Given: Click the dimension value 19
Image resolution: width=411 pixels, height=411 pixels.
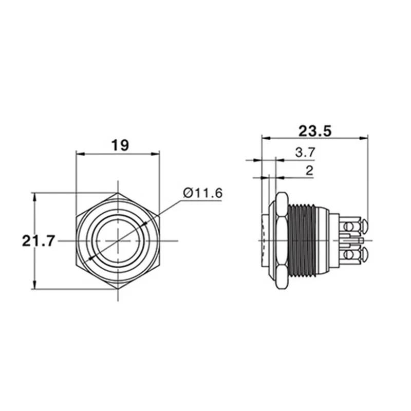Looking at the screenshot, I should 120,145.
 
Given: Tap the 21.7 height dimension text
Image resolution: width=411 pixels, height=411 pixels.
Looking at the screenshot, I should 38,240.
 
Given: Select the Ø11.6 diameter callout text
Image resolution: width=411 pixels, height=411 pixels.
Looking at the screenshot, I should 202,193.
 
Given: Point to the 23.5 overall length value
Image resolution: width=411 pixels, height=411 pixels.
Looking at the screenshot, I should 315,130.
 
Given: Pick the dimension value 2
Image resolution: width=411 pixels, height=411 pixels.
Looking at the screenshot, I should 309,171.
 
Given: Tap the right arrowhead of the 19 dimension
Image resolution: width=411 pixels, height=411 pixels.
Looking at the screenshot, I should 156,153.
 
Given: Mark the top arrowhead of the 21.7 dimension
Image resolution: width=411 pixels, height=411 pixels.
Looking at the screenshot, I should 34,196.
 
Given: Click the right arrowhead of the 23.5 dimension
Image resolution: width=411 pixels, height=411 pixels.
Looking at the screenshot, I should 365,138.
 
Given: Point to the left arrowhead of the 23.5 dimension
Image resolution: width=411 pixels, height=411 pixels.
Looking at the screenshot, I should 265,138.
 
